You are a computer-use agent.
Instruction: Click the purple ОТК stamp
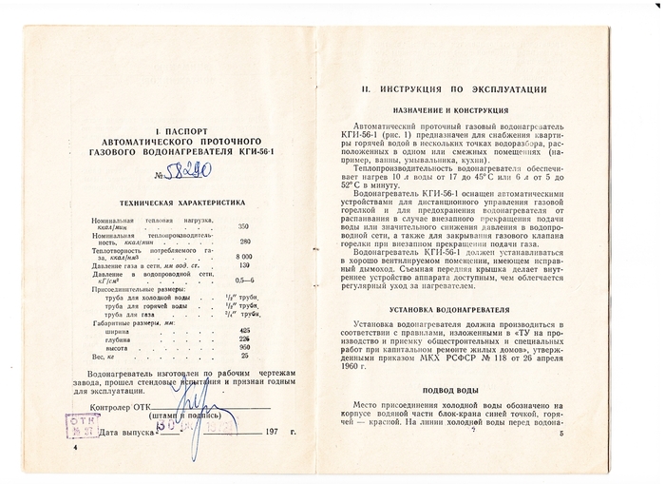click(x=83, y=422)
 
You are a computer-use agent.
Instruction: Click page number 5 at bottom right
click(x=561, y=435)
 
